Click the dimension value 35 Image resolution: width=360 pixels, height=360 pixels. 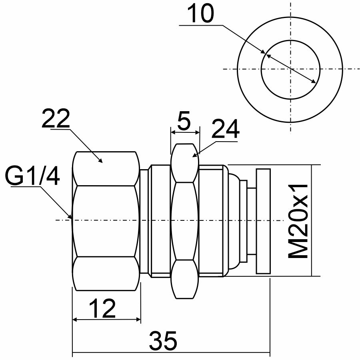pyautogui.click(x=163, y=341)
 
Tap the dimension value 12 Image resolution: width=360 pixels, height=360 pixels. pyautogui.click(x=102, y=308)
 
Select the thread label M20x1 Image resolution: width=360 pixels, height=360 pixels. pyautogui.click(x=299, y=221)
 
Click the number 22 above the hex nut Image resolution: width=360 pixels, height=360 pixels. pyautogui.click(x=56, y=119)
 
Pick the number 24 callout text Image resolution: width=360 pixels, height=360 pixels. pyautogui.click(x=225, y=129)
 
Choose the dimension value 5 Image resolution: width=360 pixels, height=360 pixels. pyautogui.click(x=184, y=122)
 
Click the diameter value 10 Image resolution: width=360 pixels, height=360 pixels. pyautogui.click(x=200, y=15)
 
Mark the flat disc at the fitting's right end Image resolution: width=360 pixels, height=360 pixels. pyautogui.click(x=263, y=221)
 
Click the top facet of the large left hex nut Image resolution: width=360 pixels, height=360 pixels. pyautogui.click(x=106, y=168)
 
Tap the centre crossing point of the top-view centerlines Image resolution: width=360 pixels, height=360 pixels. pyautogui.click(x=291, y=69)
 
